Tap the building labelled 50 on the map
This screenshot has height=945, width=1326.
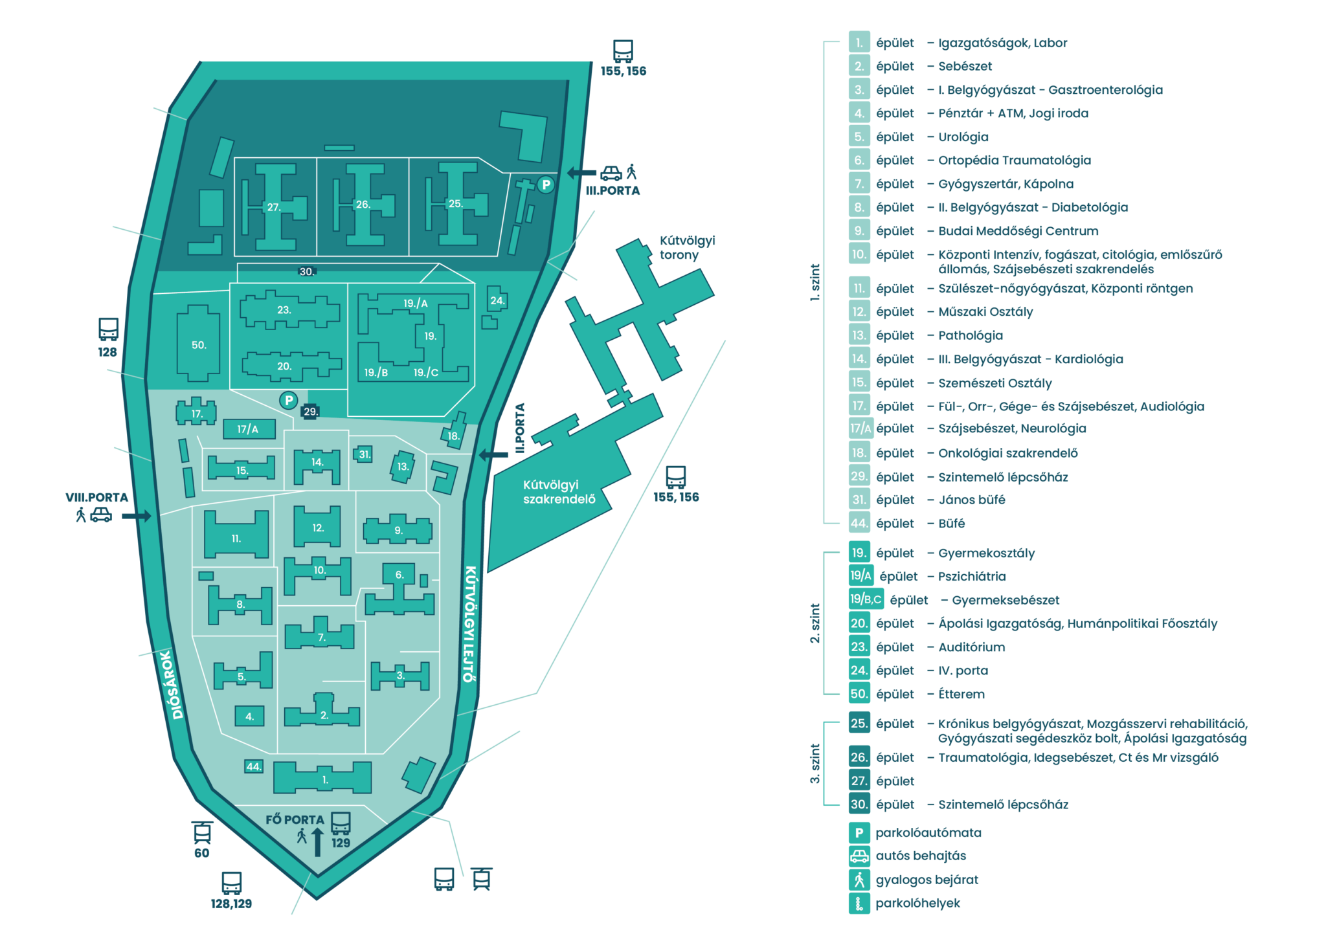click(x=198, y=344)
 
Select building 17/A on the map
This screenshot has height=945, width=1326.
click(x=249, y=429)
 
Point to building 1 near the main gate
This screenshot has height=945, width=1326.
click(x=322, y=777)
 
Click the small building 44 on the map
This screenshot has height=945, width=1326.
click(x=253, y=766)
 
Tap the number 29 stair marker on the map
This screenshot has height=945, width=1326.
click(x=310, y=411)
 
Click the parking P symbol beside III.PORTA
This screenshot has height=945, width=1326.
click(x=546, y=185)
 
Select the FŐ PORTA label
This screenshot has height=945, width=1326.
click(x=295, y=819)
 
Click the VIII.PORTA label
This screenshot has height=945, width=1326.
click(x=96, y=497)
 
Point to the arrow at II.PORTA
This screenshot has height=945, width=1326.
click(x=493, y=455)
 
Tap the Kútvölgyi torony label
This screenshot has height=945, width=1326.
click(x=687, y=247)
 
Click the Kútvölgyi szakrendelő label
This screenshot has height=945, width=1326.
click(x=559, y=492)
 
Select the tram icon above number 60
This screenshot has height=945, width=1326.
click(x=202, y=832)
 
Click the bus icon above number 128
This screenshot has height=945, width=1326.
click(x=108, y=329)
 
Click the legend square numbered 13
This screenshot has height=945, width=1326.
click(x=859, y=335)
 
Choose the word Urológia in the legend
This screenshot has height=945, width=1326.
click(x=963, y=137)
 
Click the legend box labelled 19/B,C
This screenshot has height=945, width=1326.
click(x=866, y=599)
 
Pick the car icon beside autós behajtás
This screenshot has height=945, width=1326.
click(x=859, y=856)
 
